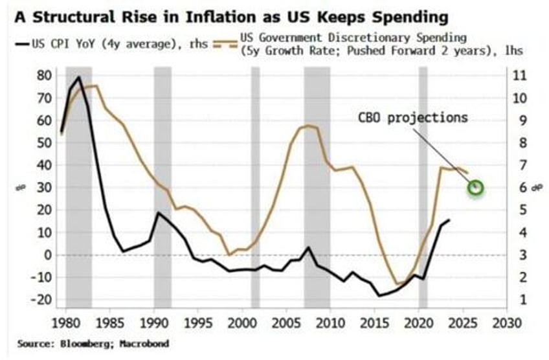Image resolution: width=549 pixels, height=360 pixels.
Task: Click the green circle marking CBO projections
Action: tap(476, 188)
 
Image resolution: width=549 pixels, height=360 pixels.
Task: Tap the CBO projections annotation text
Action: tap(412, 118)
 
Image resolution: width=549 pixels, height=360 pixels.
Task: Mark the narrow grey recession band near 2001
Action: tap(255, 188)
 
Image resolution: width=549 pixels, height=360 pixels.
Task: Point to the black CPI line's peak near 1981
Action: tap(79, 77)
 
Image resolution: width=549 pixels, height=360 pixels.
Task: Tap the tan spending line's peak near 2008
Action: tap(308, 126)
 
